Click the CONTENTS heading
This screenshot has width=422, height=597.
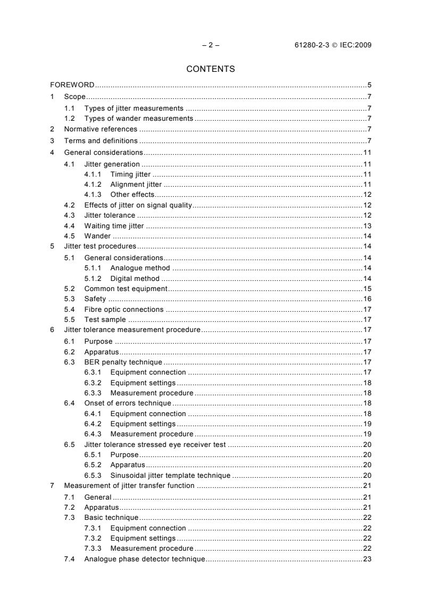(211, 69)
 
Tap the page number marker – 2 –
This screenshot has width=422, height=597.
(211, 45)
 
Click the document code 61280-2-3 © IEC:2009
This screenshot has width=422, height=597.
(333, 45)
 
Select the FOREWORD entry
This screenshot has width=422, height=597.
(72, 85)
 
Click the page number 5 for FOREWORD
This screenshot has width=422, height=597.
(369, 85)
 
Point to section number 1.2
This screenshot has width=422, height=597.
(69, 118)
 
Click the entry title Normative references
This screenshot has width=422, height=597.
(101, 129)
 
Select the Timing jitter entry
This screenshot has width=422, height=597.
(130, 174)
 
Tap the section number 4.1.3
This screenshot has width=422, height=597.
(93, 194)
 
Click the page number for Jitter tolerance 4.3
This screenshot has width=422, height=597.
(367, 215)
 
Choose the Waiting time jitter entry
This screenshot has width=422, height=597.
(114, 226)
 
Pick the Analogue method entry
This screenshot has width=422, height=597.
(140, 268)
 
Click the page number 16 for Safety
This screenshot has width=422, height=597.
(367, 299)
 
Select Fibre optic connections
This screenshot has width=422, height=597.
(124, 309)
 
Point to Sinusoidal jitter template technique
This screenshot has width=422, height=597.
(170, 475)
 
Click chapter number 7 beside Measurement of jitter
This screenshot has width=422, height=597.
(52, 486)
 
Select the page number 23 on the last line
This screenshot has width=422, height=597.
(367, 559)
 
